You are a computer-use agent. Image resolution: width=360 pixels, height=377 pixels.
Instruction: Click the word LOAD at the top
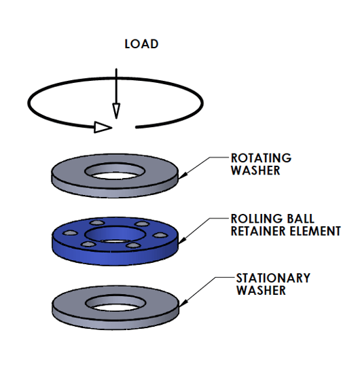coord(141,44)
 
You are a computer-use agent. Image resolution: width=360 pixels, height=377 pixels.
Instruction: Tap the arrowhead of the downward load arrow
coord(116,111)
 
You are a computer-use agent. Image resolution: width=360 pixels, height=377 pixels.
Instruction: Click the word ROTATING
coord(261,158)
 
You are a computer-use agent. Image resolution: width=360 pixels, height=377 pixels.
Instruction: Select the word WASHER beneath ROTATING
coord(255,170)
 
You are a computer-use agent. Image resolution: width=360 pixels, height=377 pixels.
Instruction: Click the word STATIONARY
coord(273,278)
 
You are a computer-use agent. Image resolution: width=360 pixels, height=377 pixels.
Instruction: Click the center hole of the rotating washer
coord(116,171)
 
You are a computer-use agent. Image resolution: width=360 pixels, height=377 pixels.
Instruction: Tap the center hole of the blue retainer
coord(116,234)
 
